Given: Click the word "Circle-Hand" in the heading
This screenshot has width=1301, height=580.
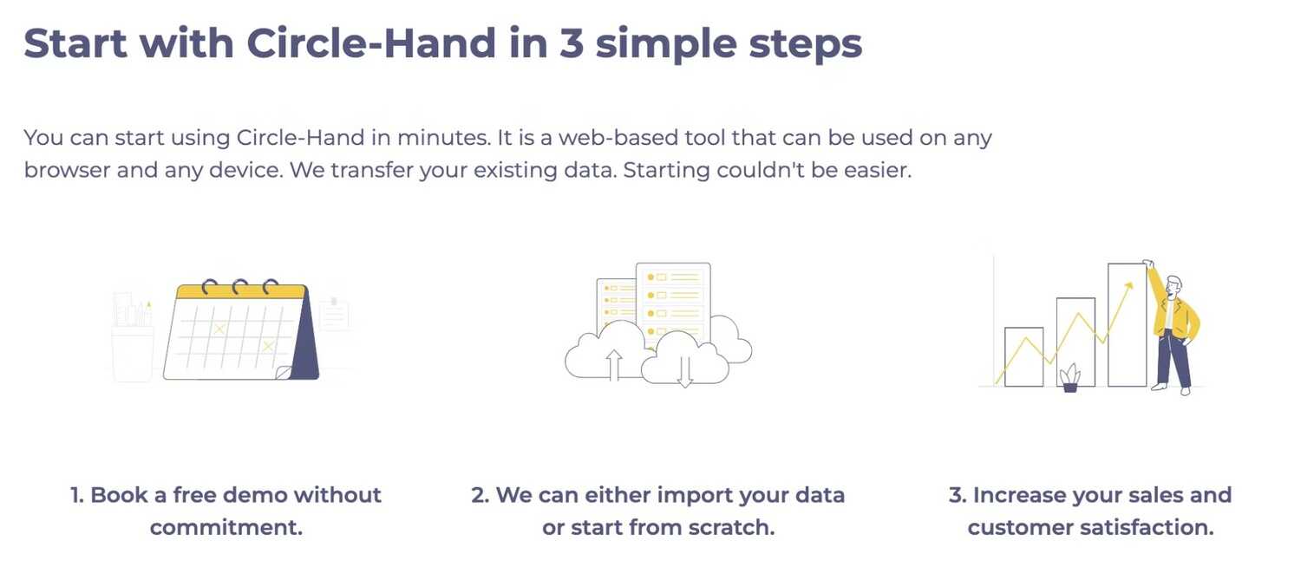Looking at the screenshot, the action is click(371, 43).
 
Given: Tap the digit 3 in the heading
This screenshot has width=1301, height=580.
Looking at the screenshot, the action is click(572, 43).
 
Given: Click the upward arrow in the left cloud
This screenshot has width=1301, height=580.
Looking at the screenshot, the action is click(614, 365).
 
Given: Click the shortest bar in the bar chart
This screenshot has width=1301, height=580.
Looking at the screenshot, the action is click(1024, 356).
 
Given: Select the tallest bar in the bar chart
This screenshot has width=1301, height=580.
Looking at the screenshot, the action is click(1128, 324).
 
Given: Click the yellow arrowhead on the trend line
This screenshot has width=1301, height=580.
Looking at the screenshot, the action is click(1128, 286).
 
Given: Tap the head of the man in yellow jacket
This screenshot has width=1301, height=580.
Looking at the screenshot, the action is click(1174, 285).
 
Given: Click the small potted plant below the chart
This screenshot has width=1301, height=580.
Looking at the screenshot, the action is click(1069, 378).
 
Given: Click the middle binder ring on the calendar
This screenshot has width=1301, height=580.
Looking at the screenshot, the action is click(240, 287).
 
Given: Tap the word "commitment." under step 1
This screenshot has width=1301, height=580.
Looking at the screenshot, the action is click(226, 527).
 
